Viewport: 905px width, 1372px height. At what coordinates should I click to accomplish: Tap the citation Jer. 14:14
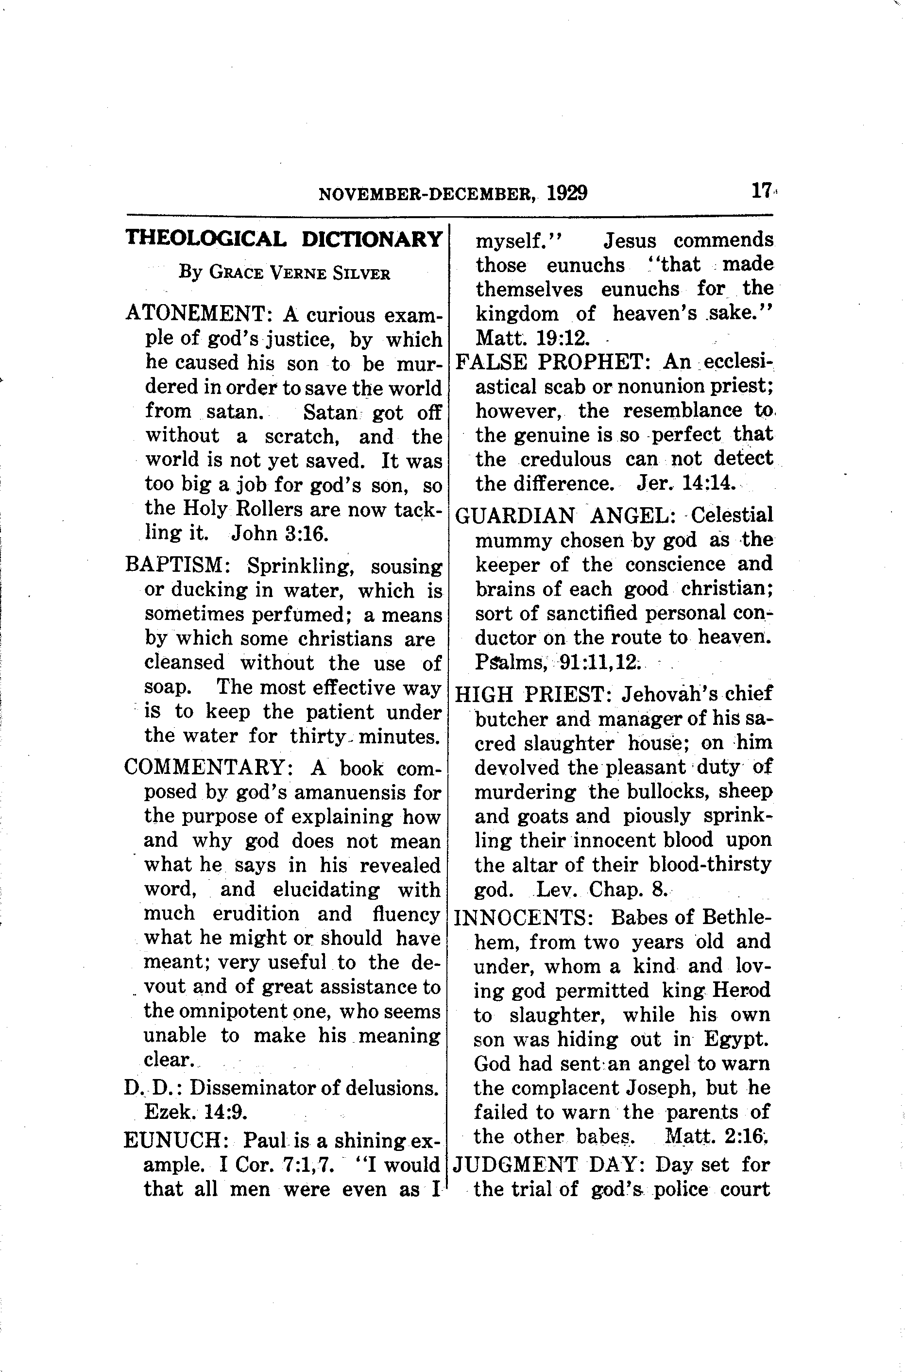686,483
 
